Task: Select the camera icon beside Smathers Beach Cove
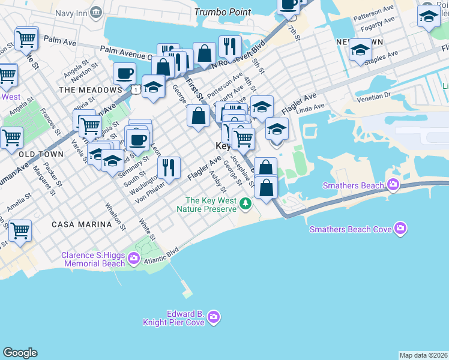tap(400, 229)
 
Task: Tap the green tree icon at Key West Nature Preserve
tap(245, 205)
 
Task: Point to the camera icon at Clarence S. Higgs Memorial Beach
tap(133, 259)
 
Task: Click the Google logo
tap(20, 353)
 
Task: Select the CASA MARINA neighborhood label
tap(82, 224)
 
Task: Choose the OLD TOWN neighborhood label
tap(41, 154)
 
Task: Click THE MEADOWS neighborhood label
tap(91, 90)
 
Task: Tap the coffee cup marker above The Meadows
tap(124, 74)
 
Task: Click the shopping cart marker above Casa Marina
tap(20, 230)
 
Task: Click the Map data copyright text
tap(423, 355)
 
